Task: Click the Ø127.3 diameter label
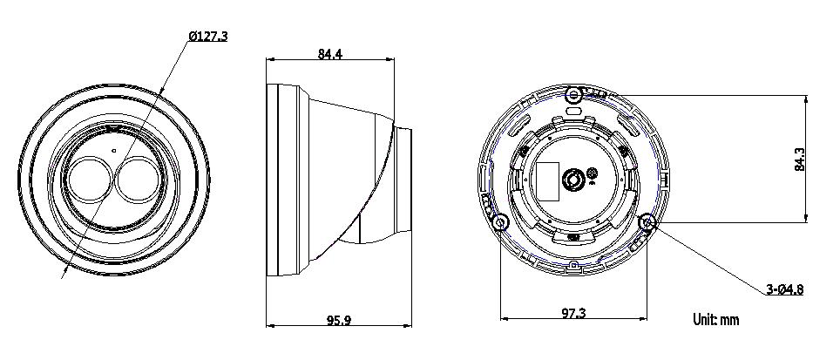click(x=208, y=37)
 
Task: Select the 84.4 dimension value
click(x=330, y=54)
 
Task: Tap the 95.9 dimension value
click(x=339, y=321)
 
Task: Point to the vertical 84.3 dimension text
click(x=799, y=160)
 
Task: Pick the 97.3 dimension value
click(x=573, y=313)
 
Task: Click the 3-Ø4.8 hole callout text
click(x=785, y=289)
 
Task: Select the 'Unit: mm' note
click(x=716, y=320)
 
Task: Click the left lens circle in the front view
click(x=91, y=179)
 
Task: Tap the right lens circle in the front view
click(x=139, y=179)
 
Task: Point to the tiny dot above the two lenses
click(x=113, y=151)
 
